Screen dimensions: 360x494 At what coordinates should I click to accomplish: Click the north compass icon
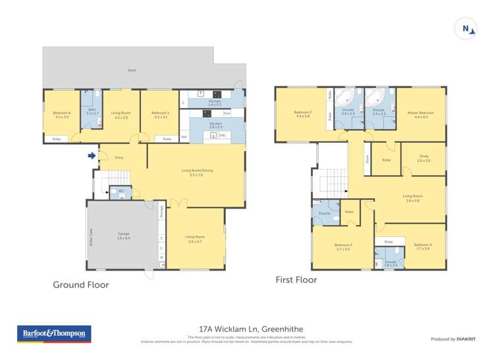tap(466, 28)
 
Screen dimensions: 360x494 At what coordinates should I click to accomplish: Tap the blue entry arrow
tap(91, 156)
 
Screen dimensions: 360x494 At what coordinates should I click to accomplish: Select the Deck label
tap(132, 70)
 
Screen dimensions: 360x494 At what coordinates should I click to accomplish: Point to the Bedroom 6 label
tap(61, 115)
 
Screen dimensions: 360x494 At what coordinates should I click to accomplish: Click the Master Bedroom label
tap(421, 114)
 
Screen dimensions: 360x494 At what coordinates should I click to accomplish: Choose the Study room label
tap(424, 157)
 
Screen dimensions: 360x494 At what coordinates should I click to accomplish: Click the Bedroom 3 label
tap(343, 247)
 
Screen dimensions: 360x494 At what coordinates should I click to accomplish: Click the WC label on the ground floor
tap(112, 191)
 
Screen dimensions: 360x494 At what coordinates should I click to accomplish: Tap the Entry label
tap(119, 157)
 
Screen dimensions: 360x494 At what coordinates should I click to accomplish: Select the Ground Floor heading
tap(80, 285)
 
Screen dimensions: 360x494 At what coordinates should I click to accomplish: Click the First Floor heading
tap(296, 280)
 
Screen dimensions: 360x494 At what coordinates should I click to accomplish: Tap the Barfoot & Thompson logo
tap(54, 334)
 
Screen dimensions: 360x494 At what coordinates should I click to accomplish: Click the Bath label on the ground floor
tap(92, 113)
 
